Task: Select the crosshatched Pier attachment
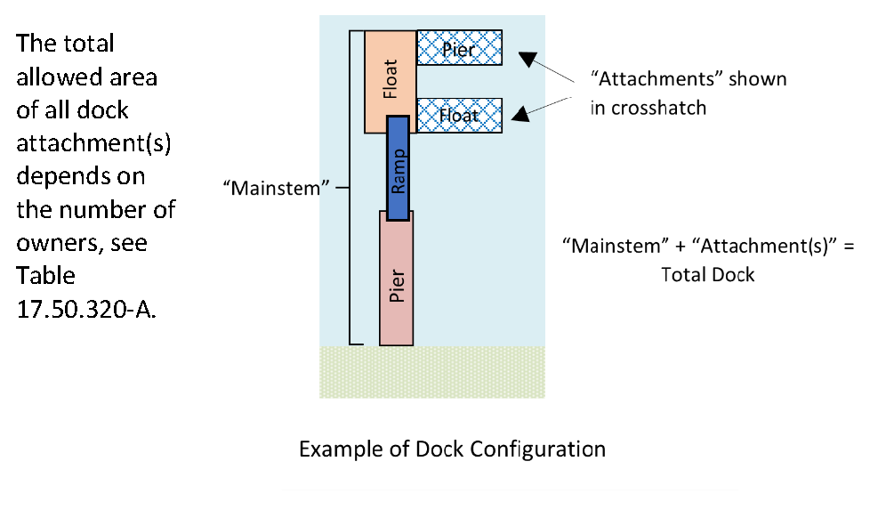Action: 459,48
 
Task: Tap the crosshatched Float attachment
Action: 459,115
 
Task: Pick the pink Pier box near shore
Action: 397,281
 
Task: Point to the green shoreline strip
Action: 431,371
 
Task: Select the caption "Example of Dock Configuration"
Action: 452,449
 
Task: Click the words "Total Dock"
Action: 708,274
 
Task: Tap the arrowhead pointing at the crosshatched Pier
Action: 528,60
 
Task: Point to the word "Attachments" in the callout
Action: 659,79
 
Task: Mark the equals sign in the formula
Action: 848,246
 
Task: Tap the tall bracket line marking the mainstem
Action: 350,188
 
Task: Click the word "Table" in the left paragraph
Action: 45,275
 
